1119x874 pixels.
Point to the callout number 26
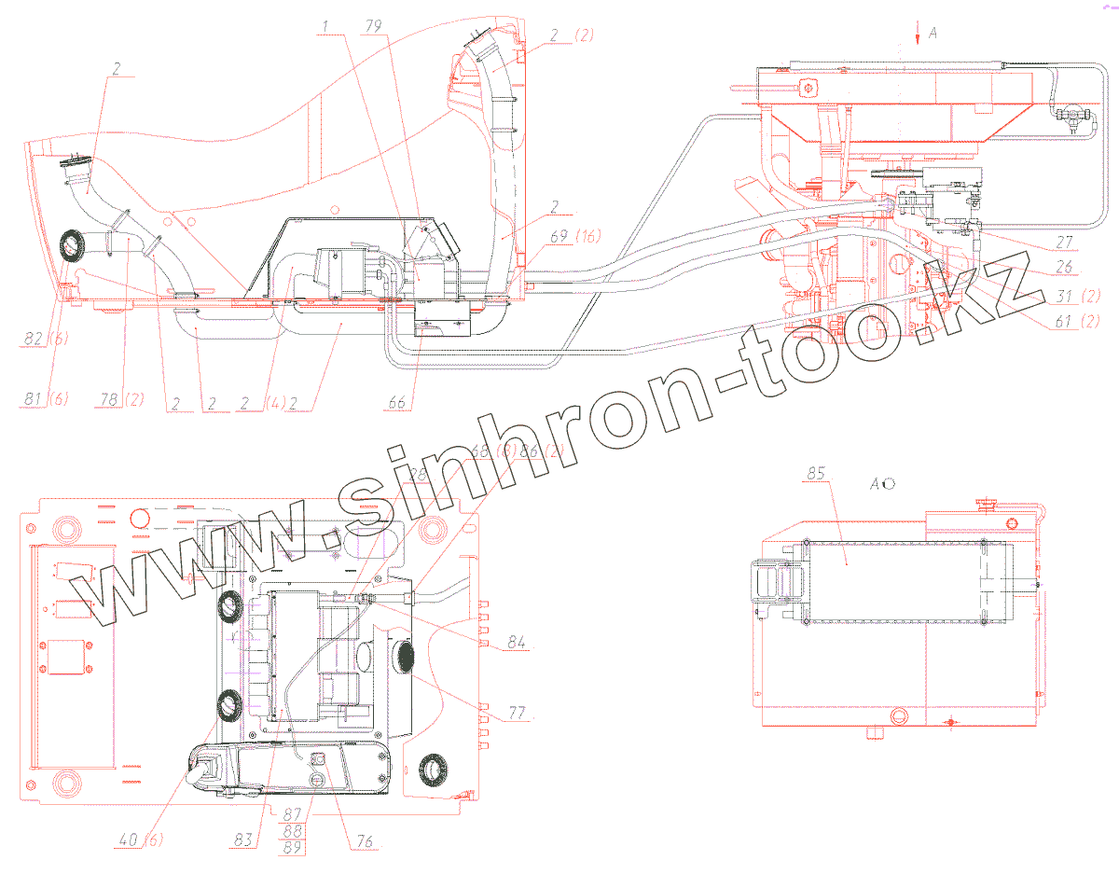[x=1063, y=266]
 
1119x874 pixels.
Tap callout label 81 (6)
[x=42, y=400]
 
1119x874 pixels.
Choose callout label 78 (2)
[x=122, y=400]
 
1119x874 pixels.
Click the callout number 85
[x=816, y=473]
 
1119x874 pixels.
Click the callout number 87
[x=291, y=814]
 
